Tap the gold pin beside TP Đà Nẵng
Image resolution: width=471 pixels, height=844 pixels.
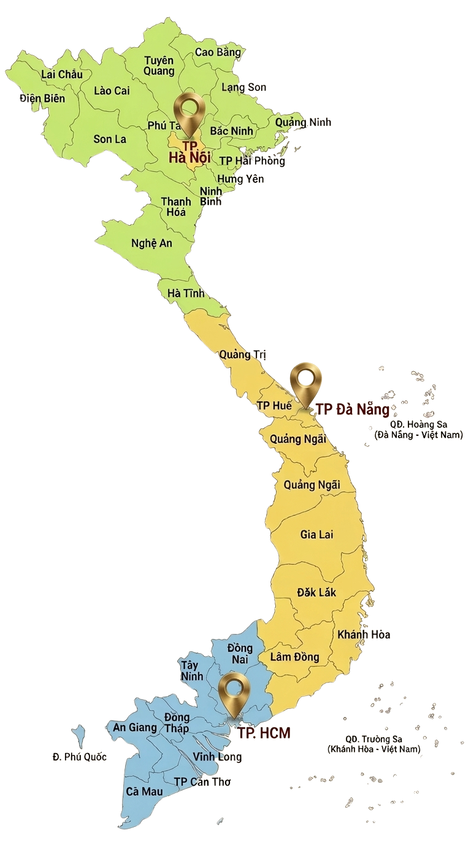pos(306,381)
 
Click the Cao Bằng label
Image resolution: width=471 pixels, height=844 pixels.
pos(218,52)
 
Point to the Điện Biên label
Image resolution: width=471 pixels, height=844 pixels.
pos(42,98)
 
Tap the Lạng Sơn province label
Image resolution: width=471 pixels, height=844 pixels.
pos(243,87)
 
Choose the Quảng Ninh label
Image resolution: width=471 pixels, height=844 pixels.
pos(302,122)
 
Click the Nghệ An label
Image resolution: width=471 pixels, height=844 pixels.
pos(151,243)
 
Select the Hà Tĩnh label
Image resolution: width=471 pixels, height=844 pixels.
pos(186,293)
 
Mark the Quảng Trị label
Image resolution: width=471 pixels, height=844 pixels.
pos(243,354)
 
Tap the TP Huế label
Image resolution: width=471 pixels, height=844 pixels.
pos(274,406)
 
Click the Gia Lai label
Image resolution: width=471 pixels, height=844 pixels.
pos(316,535)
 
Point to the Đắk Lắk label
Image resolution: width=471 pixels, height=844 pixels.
pos(316,593)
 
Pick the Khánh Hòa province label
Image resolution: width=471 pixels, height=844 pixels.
pos(364,634)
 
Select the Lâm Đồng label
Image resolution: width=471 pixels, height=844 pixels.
pos(294,657)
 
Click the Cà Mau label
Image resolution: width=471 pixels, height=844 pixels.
pos(144,791)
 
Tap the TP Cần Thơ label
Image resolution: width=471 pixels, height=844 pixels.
pos(202,781)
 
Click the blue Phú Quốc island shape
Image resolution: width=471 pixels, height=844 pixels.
pos(78,735)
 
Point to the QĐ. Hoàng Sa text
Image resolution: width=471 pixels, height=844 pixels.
pos(418,424)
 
